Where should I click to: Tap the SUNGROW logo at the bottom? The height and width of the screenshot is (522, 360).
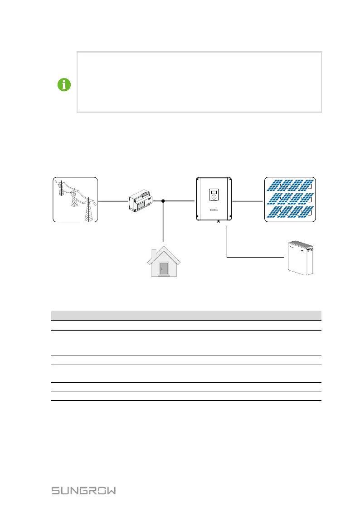pos(83,491)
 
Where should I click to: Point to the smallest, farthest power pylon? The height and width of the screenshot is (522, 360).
pos(58,189)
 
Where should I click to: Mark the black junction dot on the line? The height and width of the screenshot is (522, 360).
pos(162,200)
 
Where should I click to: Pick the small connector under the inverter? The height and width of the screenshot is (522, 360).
pos(219,222)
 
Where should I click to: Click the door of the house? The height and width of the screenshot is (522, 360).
pos(163,269)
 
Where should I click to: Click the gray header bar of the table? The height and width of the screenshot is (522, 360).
pos(186,315)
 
